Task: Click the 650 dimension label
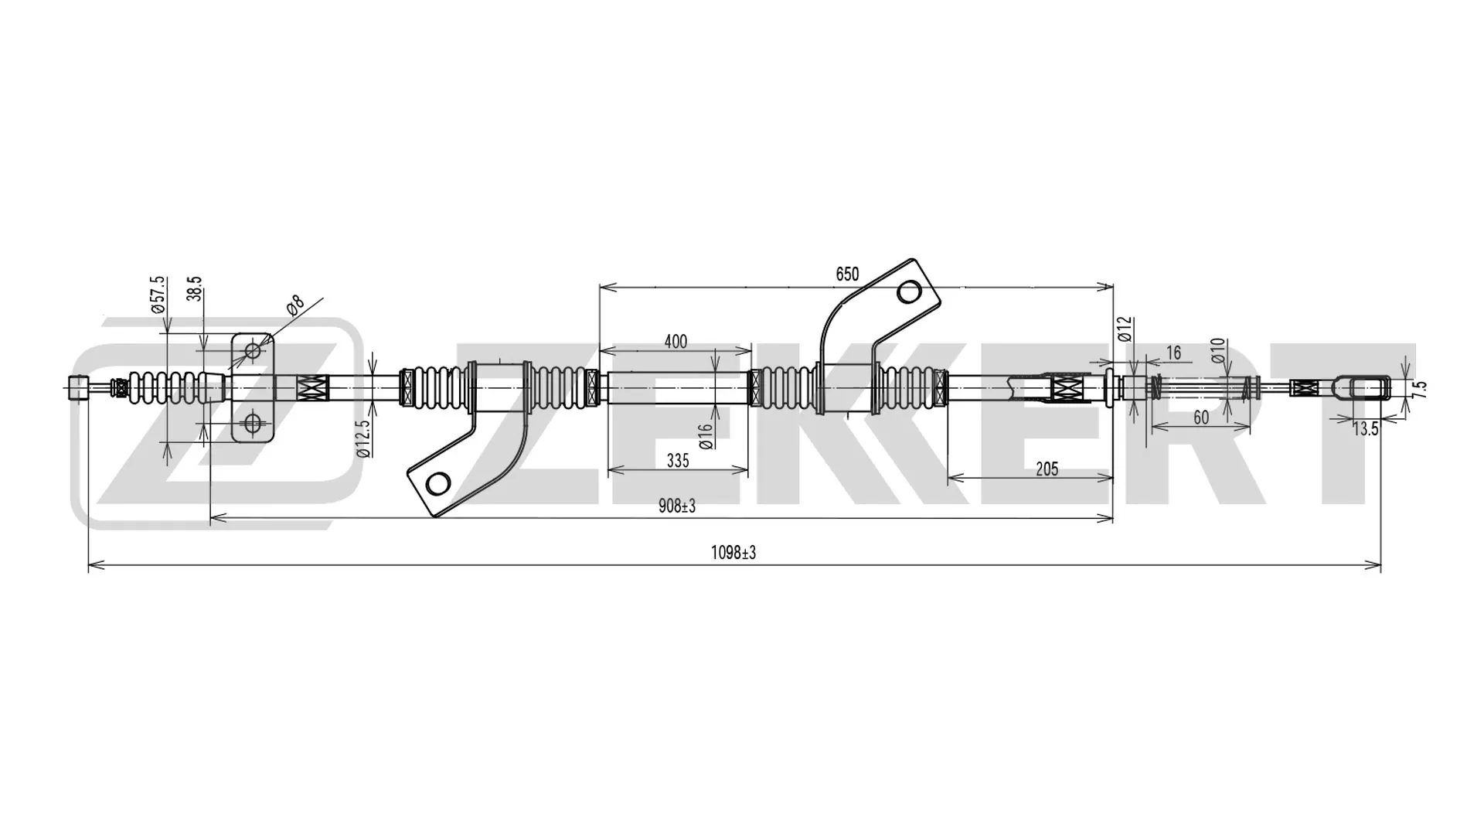(x=847, y=274)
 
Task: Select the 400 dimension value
(x=676, y=342)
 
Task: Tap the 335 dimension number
(x=677, y=461)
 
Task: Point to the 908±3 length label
(x=677, y=506)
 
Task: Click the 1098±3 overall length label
(x=733, y=553)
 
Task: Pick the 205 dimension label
(x=1047, y=469)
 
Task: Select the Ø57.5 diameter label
(x=158, y=295)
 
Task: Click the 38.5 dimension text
(x=195, y=289)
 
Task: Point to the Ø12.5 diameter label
(x=363, y=438)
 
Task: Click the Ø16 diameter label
(x=705, y=437)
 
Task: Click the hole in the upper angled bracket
(x=909, y=292)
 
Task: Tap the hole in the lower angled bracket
(x=437, y=484)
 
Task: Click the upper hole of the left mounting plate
(x=253, y=351)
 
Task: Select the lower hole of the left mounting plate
(x=253, y=423)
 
